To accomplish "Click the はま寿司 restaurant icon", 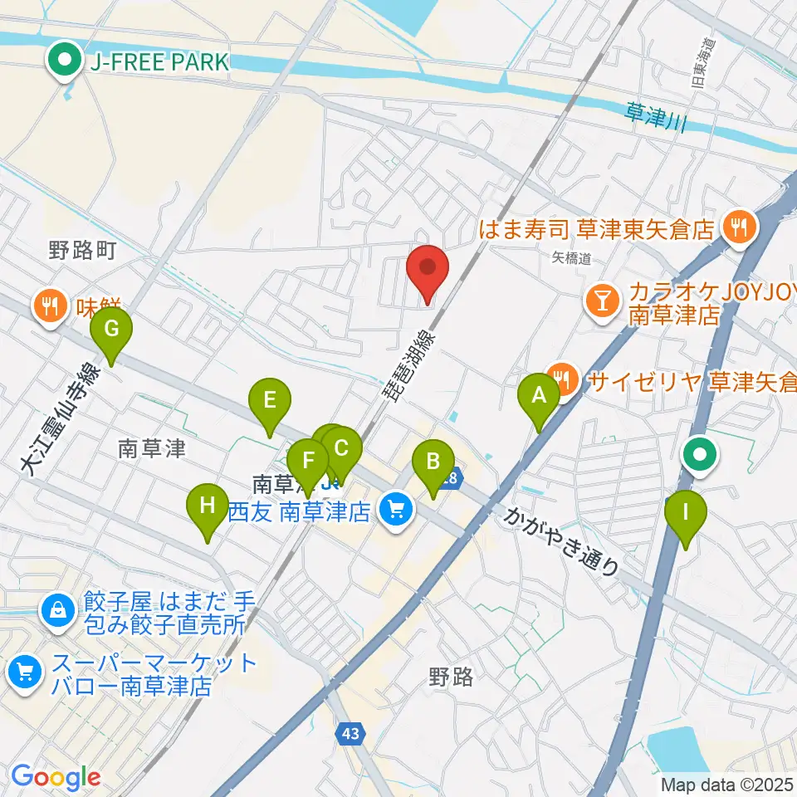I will pyautogui.click(x=737, y=225).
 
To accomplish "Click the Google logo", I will pyautogui.click(x=56, y=777).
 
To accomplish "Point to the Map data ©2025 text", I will pyautogui.click(x=727, y=783).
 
